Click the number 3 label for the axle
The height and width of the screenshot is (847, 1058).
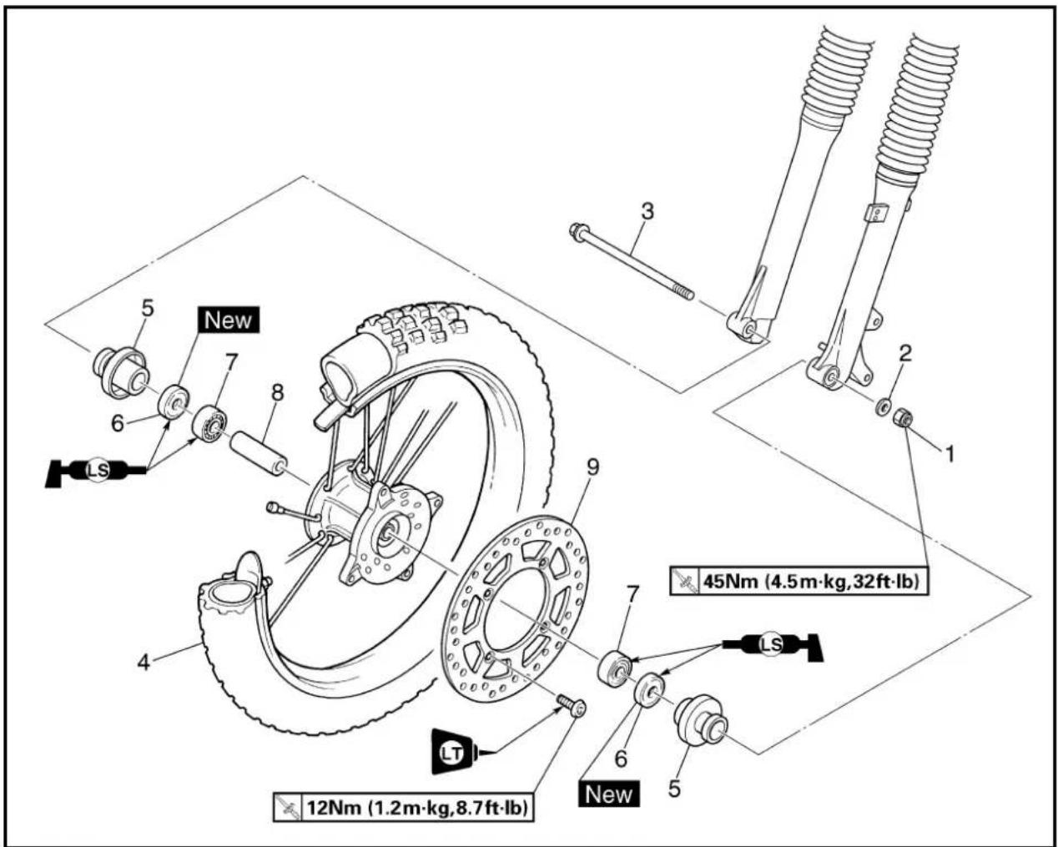(647, 211)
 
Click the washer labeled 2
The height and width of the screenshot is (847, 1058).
(883, 406)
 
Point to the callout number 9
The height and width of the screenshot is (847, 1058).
(593, 468)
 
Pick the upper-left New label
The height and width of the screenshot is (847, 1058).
(228, 320)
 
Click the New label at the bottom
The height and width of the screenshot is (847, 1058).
(608, 794)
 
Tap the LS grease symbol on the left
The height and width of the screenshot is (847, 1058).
(96, 470)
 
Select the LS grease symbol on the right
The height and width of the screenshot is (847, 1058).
(772, 646)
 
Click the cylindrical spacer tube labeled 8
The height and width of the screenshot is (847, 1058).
(259, 451)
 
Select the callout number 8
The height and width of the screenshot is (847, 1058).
(278, 392)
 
